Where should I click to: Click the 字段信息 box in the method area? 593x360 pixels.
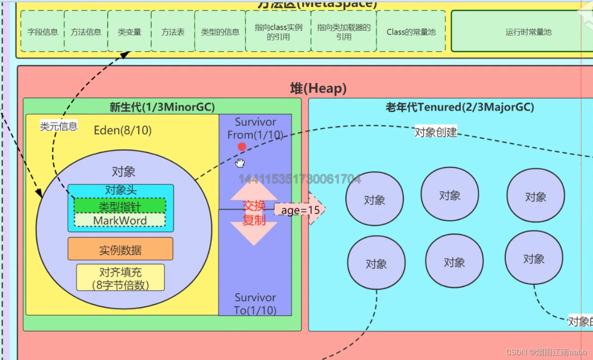pos(43,32)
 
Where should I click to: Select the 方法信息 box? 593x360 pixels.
pos(86,32)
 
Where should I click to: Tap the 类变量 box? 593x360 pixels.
pos(129,32)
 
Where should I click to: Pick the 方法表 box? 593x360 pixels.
pos(173,32)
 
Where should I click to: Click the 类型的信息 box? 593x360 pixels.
pos(220,32)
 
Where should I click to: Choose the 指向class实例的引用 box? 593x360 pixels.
pos(278,32)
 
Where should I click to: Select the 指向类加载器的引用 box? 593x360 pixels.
pos(344,32)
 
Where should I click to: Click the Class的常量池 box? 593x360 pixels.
pos(411,32)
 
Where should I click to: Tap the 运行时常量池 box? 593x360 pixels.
pos(528,32)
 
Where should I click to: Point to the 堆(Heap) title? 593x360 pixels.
pos(318,88)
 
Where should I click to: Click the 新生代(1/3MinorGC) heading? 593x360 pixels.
pos(162,107)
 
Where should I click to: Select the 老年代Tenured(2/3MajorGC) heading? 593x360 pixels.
pos(460,107)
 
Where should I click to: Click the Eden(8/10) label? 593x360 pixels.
pos(123,130)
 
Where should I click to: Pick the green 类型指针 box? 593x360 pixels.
pos(120,206)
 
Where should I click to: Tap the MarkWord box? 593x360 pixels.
pos(120,221)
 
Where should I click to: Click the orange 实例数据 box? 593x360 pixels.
pos(120,250)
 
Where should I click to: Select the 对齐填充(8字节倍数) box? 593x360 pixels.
pos(120,278)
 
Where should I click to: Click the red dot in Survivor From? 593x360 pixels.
pos(242,146)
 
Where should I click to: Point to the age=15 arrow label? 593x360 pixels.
pos(300,210)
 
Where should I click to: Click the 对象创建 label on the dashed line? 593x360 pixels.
pos(436,132)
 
